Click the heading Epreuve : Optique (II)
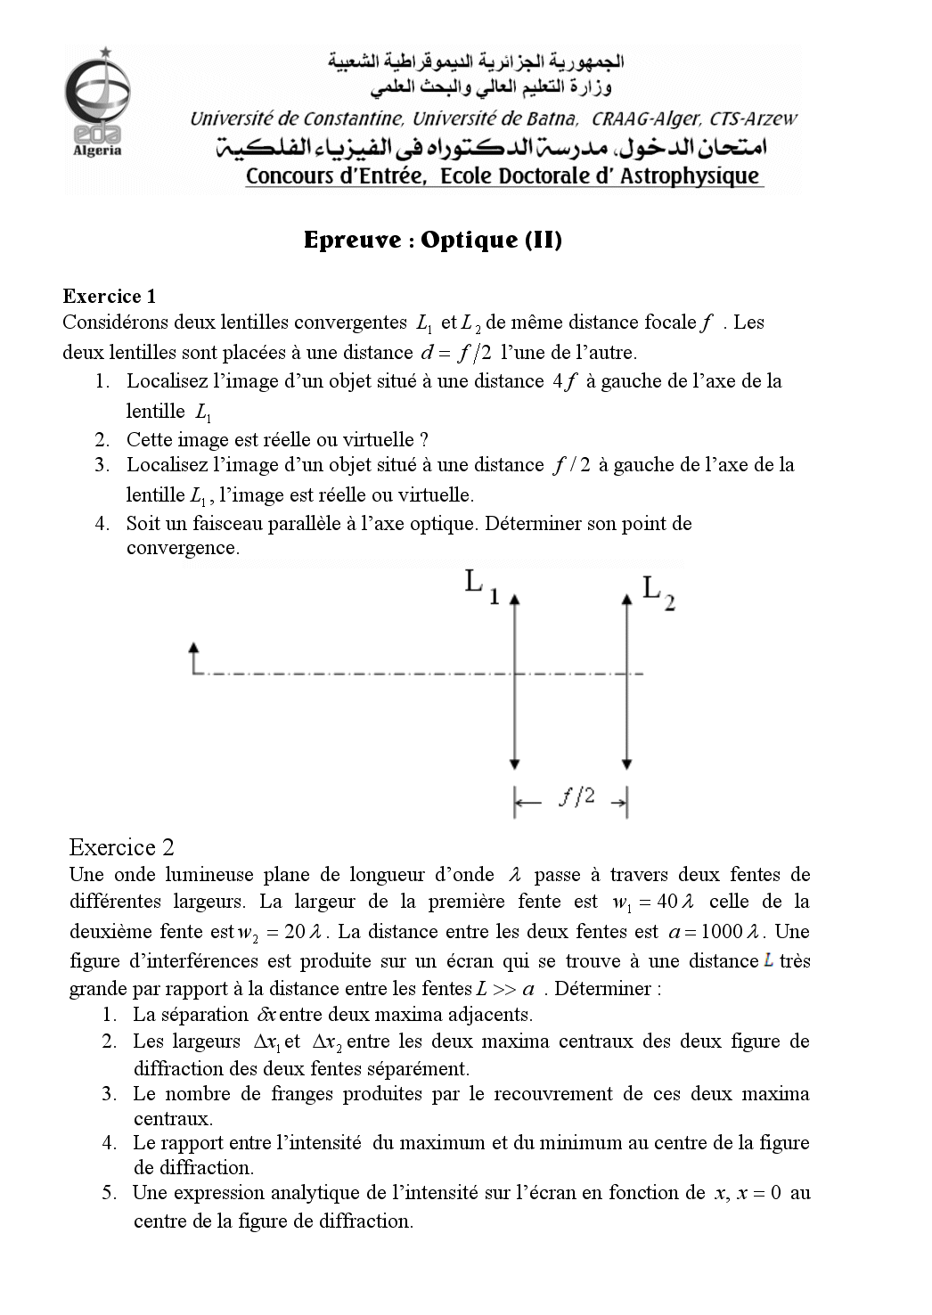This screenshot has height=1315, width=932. (432, 240)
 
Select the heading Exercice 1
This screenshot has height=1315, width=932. (110, 297)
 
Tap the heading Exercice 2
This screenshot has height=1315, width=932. (121, 847)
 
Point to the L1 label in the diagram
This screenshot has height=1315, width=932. (482, 587)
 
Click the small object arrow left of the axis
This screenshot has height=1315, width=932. (193, 656)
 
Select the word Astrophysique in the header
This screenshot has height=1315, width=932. (689, 176)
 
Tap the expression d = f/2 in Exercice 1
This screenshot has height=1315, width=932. (455, 353)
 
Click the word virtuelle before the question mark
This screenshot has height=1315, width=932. (372, 439)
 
